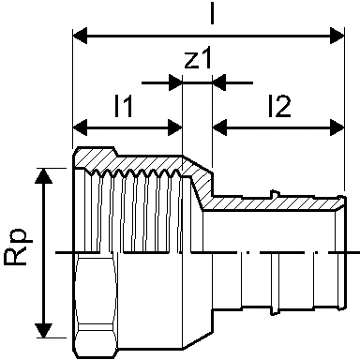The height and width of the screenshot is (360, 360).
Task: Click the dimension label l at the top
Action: coord(212,12)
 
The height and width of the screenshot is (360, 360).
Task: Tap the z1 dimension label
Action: coord(198,58)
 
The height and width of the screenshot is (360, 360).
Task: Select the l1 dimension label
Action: coord(124,106)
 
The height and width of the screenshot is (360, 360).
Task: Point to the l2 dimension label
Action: coord(279,106)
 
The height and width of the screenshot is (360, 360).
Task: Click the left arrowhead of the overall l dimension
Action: coord(80,36)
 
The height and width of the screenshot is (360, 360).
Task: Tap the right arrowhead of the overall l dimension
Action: coord(337,36)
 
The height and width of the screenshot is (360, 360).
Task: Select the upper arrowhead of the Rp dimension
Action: coord(43,176)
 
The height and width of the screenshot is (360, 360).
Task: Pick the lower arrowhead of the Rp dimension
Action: coord(43,330)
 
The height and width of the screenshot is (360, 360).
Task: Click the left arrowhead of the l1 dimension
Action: coord(80,127)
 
